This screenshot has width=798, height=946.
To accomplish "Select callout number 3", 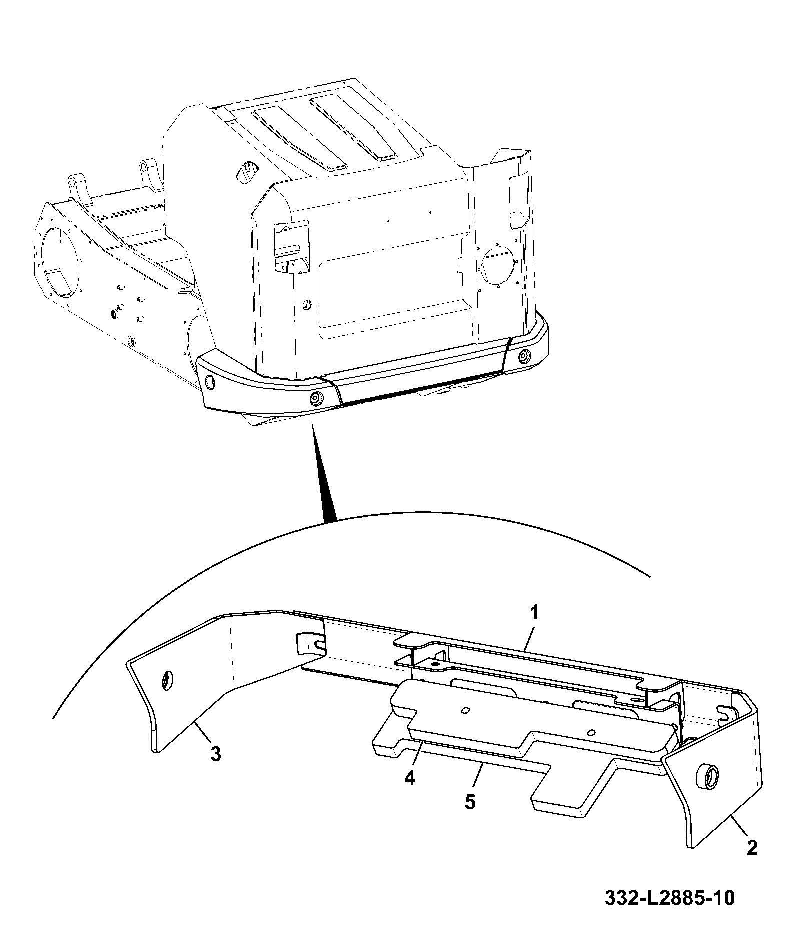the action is point(215,754).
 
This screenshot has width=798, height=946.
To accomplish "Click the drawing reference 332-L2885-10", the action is point(670,898).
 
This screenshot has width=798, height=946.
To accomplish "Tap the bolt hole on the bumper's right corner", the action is point(525,357).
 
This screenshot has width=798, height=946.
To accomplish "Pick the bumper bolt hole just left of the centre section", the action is point(316,398).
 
